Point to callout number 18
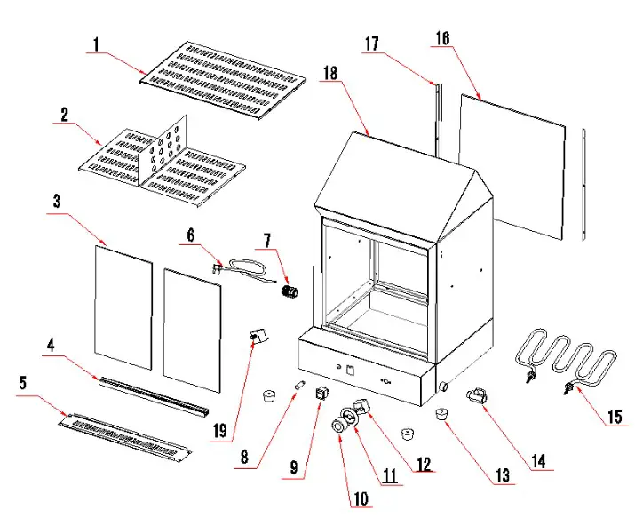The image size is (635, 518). coord(331,75)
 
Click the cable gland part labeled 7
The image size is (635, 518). coord(288,292)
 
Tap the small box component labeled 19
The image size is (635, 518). coord(256,338)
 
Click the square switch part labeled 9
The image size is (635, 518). coord(322,394)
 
